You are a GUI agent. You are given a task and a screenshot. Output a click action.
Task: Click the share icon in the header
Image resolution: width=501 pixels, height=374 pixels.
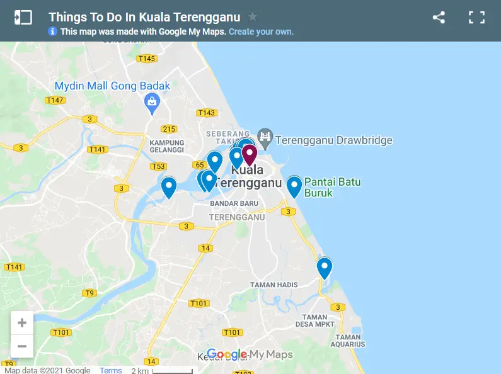[439, 18]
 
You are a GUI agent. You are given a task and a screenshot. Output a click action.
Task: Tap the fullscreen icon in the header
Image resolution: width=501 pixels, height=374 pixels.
[476, 18]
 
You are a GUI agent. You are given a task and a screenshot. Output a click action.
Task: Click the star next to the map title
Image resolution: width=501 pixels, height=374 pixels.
[253, 17]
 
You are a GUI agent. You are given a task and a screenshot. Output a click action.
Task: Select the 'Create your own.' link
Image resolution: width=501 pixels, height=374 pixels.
[261, 31]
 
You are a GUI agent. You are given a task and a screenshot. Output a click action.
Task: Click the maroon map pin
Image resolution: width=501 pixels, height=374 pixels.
[250, 154]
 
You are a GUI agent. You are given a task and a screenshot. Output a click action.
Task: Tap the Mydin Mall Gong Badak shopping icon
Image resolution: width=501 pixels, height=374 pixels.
[152, 101]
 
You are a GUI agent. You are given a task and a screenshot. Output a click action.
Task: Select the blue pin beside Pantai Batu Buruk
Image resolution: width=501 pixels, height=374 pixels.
[294, 186]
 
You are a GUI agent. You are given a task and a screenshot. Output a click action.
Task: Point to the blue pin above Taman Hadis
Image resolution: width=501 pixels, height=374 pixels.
[324, 268]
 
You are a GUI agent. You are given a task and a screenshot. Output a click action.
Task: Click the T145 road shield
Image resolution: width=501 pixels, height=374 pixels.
[146, 59]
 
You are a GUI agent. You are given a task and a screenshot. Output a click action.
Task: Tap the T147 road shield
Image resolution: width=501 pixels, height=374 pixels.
[55, 100]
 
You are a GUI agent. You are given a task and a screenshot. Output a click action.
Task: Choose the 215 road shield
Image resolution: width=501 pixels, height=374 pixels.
[169, 129]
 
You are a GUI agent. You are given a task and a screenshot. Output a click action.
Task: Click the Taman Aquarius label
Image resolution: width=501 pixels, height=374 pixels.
[348, 341]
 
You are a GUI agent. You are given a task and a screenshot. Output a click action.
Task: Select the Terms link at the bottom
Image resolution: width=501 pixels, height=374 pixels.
[111, 370]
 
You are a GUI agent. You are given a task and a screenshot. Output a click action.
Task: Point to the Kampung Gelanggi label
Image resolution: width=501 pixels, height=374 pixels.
[166, 146]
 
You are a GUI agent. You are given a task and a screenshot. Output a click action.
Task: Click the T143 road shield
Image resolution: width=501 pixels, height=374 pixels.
[206, 113]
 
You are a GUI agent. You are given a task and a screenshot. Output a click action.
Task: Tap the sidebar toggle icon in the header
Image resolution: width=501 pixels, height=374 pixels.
[23, 18]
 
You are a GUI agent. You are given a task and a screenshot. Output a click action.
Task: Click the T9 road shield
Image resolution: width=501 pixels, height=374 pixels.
[89, 293]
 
